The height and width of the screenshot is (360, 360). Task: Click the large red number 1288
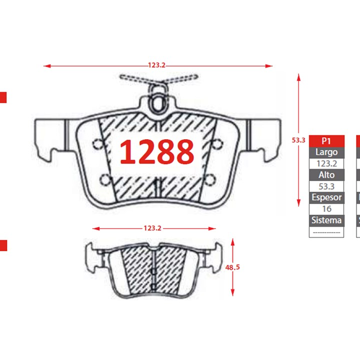(x=157, y=152)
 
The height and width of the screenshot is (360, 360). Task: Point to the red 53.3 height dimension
(x=299, y=140)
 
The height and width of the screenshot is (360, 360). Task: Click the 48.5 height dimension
(x=233, y=267)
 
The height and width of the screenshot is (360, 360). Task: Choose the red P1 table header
(x=327, y=141)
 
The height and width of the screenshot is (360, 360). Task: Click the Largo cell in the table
(x=327, y=152)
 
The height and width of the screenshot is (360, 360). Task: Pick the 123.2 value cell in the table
(x=327, y=164)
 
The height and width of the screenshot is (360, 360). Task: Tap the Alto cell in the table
(x=327, y=175)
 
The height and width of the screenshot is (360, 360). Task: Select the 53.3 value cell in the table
(x=327, y=187)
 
